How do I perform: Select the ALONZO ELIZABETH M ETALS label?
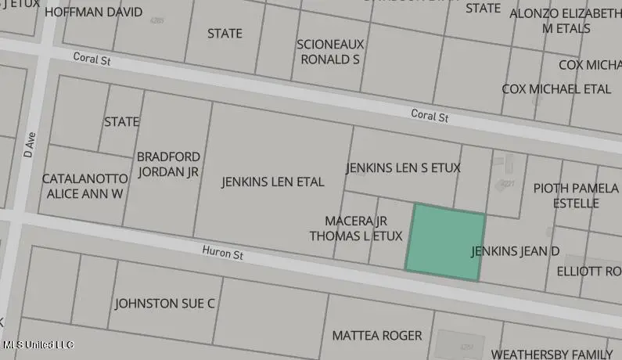[x=565, y=21]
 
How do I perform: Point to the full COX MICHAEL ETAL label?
[x=556, y=89]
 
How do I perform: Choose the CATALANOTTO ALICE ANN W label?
[x=83, y=185]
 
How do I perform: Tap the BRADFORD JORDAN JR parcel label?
[x=168, y=165]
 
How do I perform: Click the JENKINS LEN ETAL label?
[x=272, y=182]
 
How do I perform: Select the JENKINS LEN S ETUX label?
[x=403, y=168]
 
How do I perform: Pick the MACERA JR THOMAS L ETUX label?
[x=356, y=229]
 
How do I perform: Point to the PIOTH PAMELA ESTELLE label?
[x=577, y=196]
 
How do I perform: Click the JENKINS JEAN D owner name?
[x=516, y=251]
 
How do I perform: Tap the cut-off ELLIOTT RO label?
[x=588, y=272]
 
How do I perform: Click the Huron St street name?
[x=223, y=254]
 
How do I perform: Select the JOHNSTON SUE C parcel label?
[x=164, y=304]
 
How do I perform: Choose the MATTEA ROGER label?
[x=376, y=336]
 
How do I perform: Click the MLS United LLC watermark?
[x=38, y=344]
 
